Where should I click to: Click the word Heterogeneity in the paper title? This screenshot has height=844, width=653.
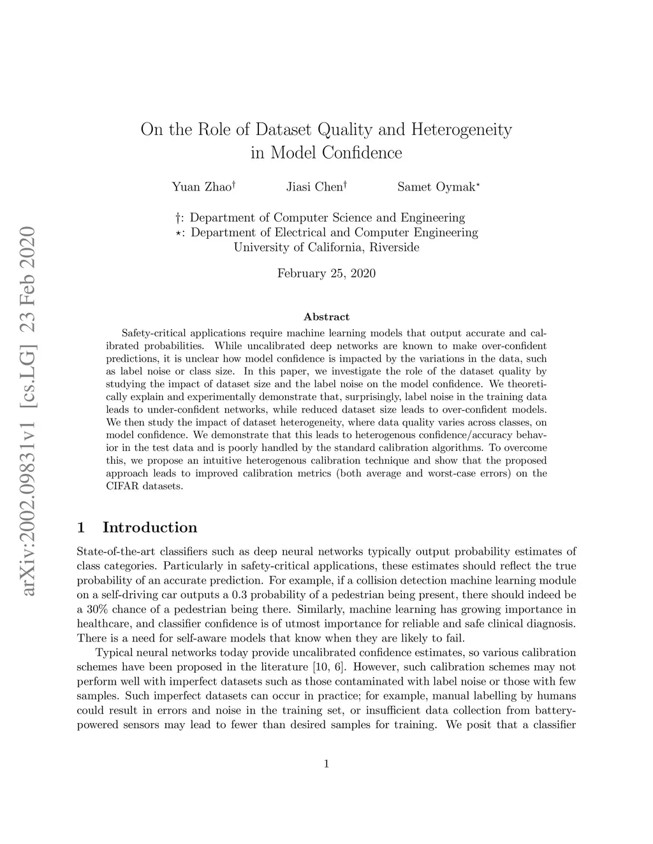point(461,131)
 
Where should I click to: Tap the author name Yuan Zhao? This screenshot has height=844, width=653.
point(202,187)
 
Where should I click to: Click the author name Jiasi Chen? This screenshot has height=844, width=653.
point(314,187)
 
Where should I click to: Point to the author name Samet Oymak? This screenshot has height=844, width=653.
point(436,187)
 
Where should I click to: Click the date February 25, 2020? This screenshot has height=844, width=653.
point(326,274)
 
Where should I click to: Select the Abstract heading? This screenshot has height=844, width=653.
point(326,317)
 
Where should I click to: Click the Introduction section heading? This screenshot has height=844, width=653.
point(149,527)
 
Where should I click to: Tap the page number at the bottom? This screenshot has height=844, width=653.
point(326,764)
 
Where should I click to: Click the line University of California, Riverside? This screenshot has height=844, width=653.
point(326,247)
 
